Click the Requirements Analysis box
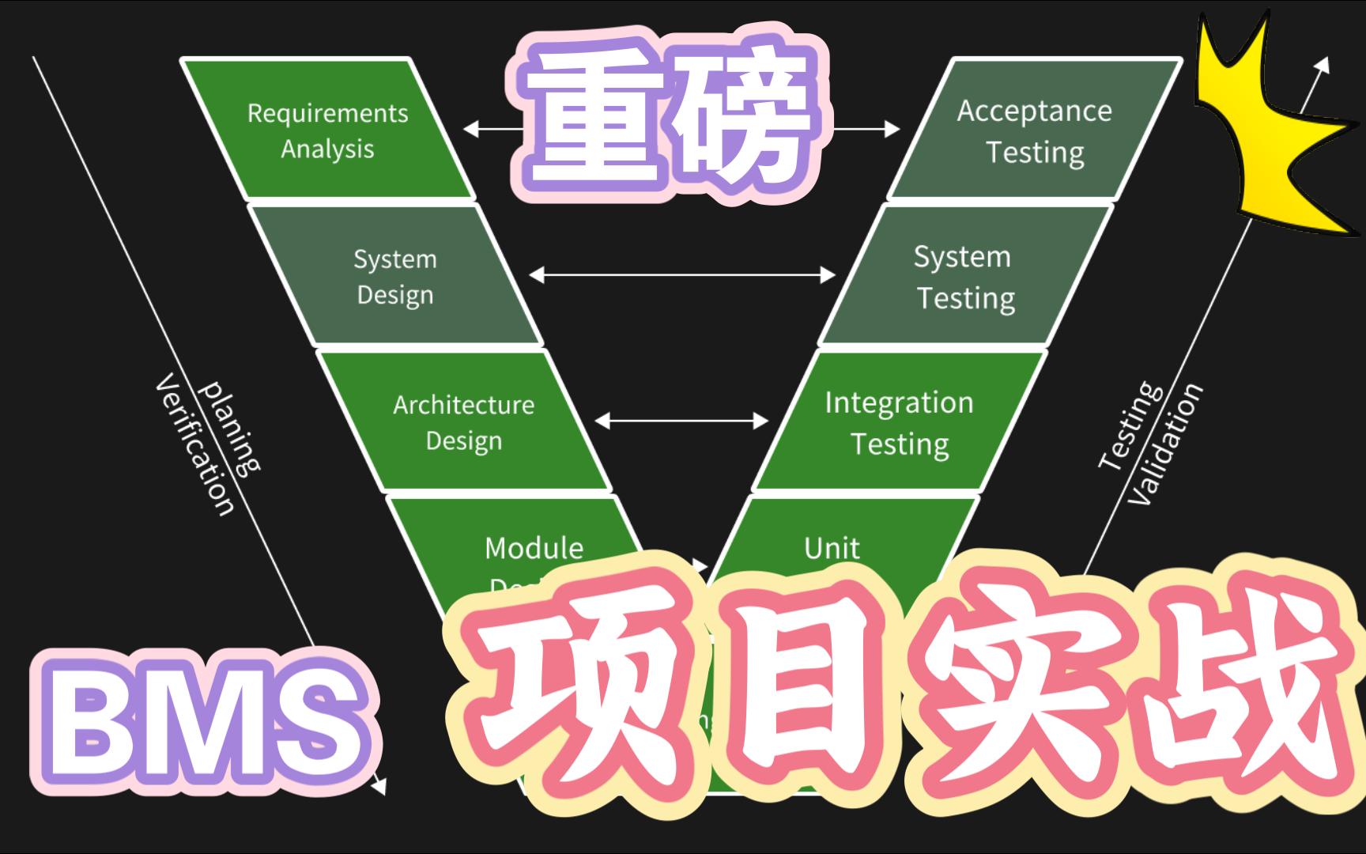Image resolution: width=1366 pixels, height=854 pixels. click(327, 130)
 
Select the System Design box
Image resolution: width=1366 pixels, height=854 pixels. click(395, 276)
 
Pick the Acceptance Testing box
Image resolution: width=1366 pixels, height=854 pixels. click(1034, 130)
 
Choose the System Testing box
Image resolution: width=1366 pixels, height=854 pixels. click(964, 276)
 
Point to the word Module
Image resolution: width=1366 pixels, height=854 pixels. click(534, 547)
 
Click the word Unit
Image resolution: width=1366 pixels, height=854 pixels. click(832, 547)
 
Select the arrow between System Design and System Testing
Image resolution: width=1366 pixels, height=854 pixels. click(681, 274)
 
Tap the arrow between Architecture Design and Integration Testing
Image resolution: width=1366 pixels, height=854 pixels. click(681, 421)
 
